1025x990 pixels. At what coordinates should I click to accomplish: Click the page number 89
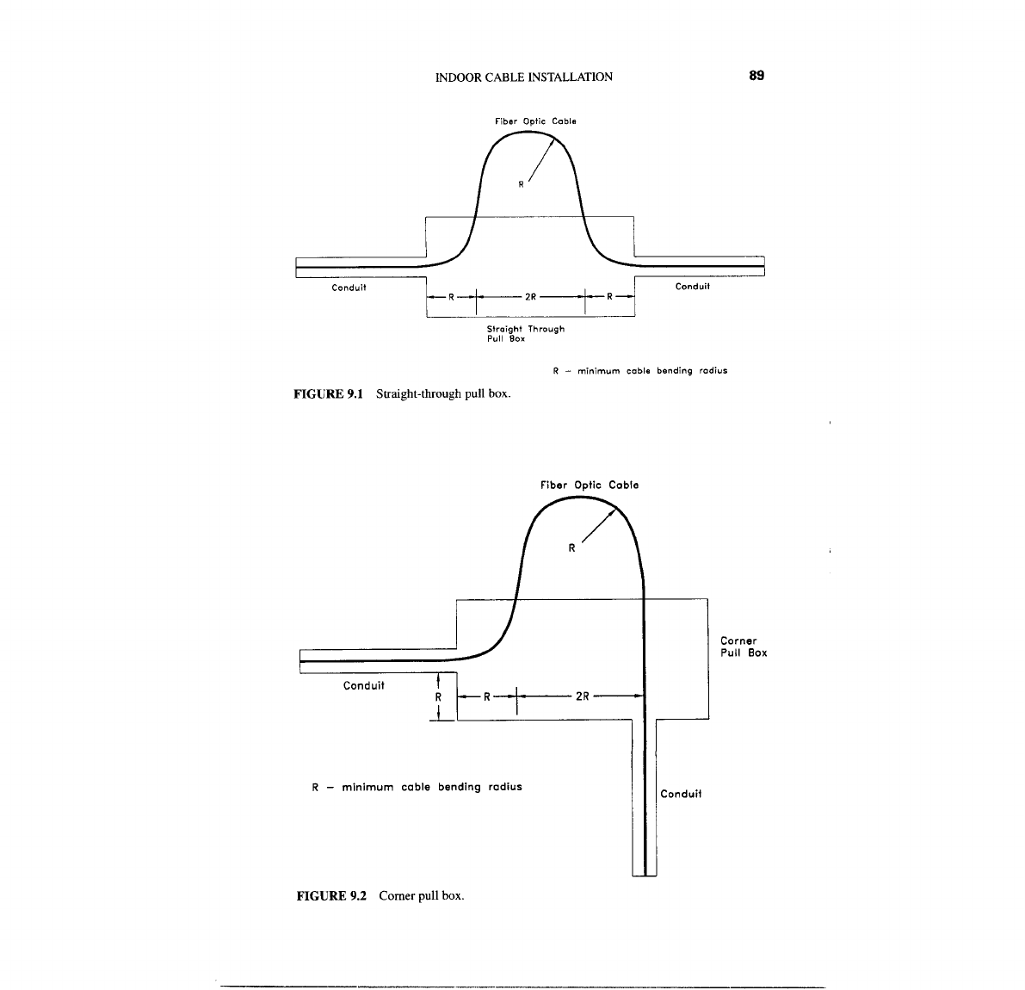pyautogui.click(x=756, y=76)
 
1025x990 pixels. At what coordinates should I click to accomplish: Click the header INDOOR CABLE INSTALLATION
pyautogui.click(x=524, y=77)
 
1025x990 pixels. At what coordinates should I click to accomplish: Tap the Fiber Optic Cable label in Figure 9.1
pyautogui.click(x=535, y=121)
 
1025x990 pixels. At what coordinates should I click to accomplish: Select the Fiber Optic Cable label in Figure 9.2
pyautogui.click(x=590, y=485)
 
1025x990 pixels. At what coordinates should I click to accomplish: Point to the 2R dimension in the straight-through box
pyautogui.click(x=531, y=297)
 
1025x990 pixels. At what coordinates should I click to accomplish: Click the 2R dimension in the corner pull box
pyautogui.click(x=582, y=696)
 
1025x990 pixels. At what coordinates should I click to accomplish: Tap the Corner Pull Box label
pyautogui.click(x=743, y=647)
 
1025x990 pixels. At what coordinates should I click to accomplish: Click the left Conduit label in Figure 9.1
pyautogui.click(x=349, y=288)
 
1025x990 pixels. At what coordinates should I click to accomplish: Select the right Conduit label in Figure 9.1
pyautogui.click(x=693, y=287)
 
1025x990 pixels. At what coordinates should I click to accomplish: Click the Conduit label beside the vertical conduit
pyautogui.click(x=681, y=794)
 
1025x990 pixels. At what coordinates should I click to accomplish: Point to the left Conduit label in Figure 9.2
pyautogui.click(x=364, y=686)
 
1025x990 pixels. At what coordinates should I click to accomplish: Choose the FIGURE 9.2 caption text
pyautogui.click(x=380, y=895)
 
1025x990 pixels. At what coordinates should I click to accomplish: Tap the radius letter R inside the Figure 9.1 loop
pyautogui.click(x=521, y=183)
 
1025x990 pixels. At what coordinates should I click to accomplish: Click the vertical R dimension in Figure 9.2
pyautogui.click(x=438, y=696)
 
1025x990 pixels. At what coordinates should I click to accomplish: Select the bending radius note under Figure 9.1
pyautogui.click(x=639, y=371)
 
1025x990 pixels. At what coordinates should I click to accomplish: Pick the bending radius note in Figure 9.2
pyautogui.click(x=417, y=786)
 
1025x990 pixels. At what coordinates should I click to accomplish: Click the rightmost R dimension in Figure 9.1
pyautogui.click(x=609, y=297)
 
